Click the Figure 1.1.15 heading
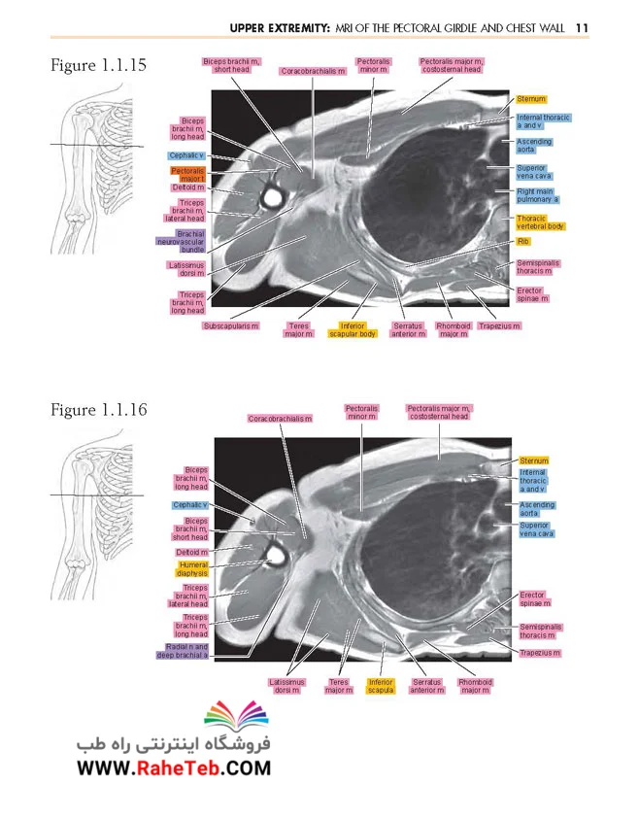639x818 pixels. coord(98,66)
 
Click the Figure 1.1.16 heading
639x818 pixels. coord(99,410)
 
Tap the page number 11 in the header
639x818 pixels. coord(582,28)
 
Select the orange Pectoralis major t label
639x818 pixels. coord(187,175)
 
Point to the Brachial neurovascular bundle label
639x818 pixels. coord(181,242)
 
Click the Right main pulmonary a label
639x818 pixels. coord(537,195)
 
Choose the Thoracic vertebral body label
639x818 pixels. coord(540,222)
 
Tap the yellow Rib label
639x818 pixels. coord(523,242)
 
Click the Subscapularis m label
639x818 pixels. coord(230,326)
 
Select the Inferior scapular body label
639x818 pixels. coord(353,329)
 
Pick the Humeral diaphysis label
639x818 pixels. coord(192,569)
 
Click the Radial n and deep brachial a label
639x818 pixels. coord(183,651)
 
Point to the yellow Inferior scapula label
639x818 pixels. coord(381,686)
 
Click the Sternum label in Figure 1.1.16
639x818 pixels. coord(533,460)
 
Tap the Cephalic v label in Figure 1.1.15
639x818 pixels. coord(186,155)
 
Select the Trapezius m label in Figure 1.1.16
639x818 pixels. coord(540,653)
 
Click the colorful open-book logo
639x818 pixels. coord(236,715)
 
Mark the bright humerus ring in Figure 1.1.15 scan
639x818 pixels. coord(273,196)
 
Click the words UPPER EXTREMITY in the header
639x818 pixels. coord(280,28)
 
